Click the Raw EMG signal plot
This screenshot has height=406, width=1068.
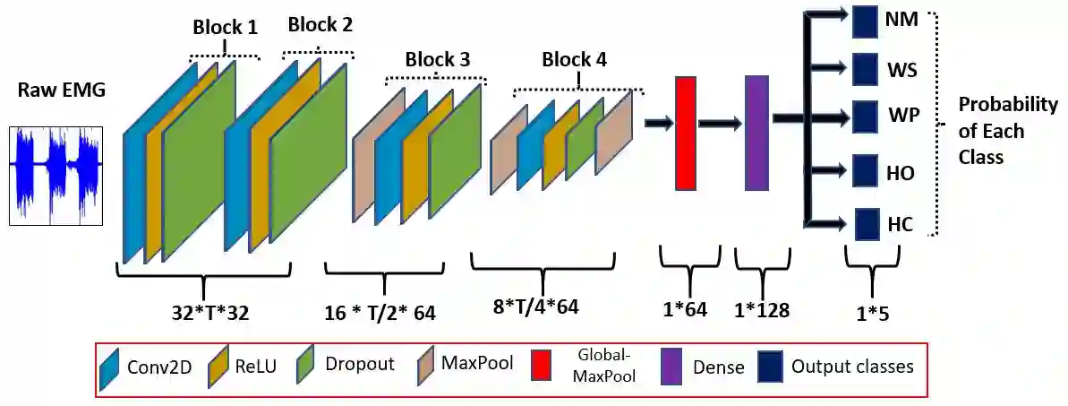[x=55, y=175]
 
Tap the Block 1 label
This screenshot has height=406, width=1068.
[x=225, y=28]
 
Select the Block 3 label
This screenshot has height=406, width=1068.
[x=437, y=60]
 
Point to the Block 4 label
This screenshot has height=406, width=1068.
[x=574, y=60]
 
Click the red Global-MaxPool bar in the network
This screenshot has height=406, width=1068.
[x=685, y=133]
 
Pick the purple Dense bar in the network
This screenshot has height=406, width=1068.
[x=756, y=133]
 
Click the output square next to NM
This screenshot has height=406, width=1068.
[x=865, y=21]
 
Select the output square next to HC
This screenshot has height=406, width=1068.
[x=866, y=225]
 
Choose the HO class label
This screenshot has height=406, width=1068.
[x=900, y=172]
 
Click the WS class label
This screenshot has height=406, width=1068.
[x=901, y=68]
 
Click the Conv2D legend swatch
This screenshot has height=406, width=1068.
[x=111, y=367]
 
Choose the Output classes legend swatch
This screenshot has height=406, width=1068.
[x=771, y=367]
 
